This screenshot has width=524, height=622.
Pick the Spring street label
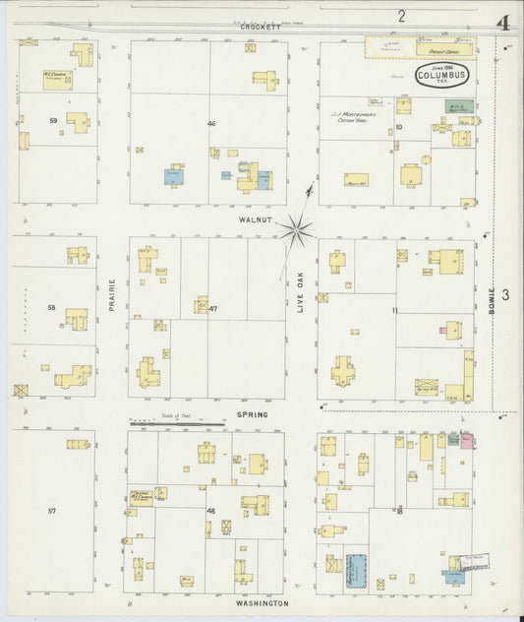pos(253,415)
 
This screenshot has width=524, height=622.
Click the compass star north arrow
pos(295,229)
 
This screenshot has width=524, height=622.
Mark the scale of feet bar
pos(177,424)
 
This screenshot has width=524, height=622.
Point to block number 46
pos(210,123)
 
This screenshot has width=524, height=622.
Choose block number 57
pos(52,511)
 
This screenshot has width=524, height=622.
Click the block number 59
pos(52,121)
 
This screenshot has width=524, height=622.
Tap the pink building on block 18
pos(468,440)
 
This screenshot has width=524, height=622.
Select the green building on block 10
pos(459,105)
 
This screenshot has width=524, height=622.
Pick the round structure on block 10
pos(426,158)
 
